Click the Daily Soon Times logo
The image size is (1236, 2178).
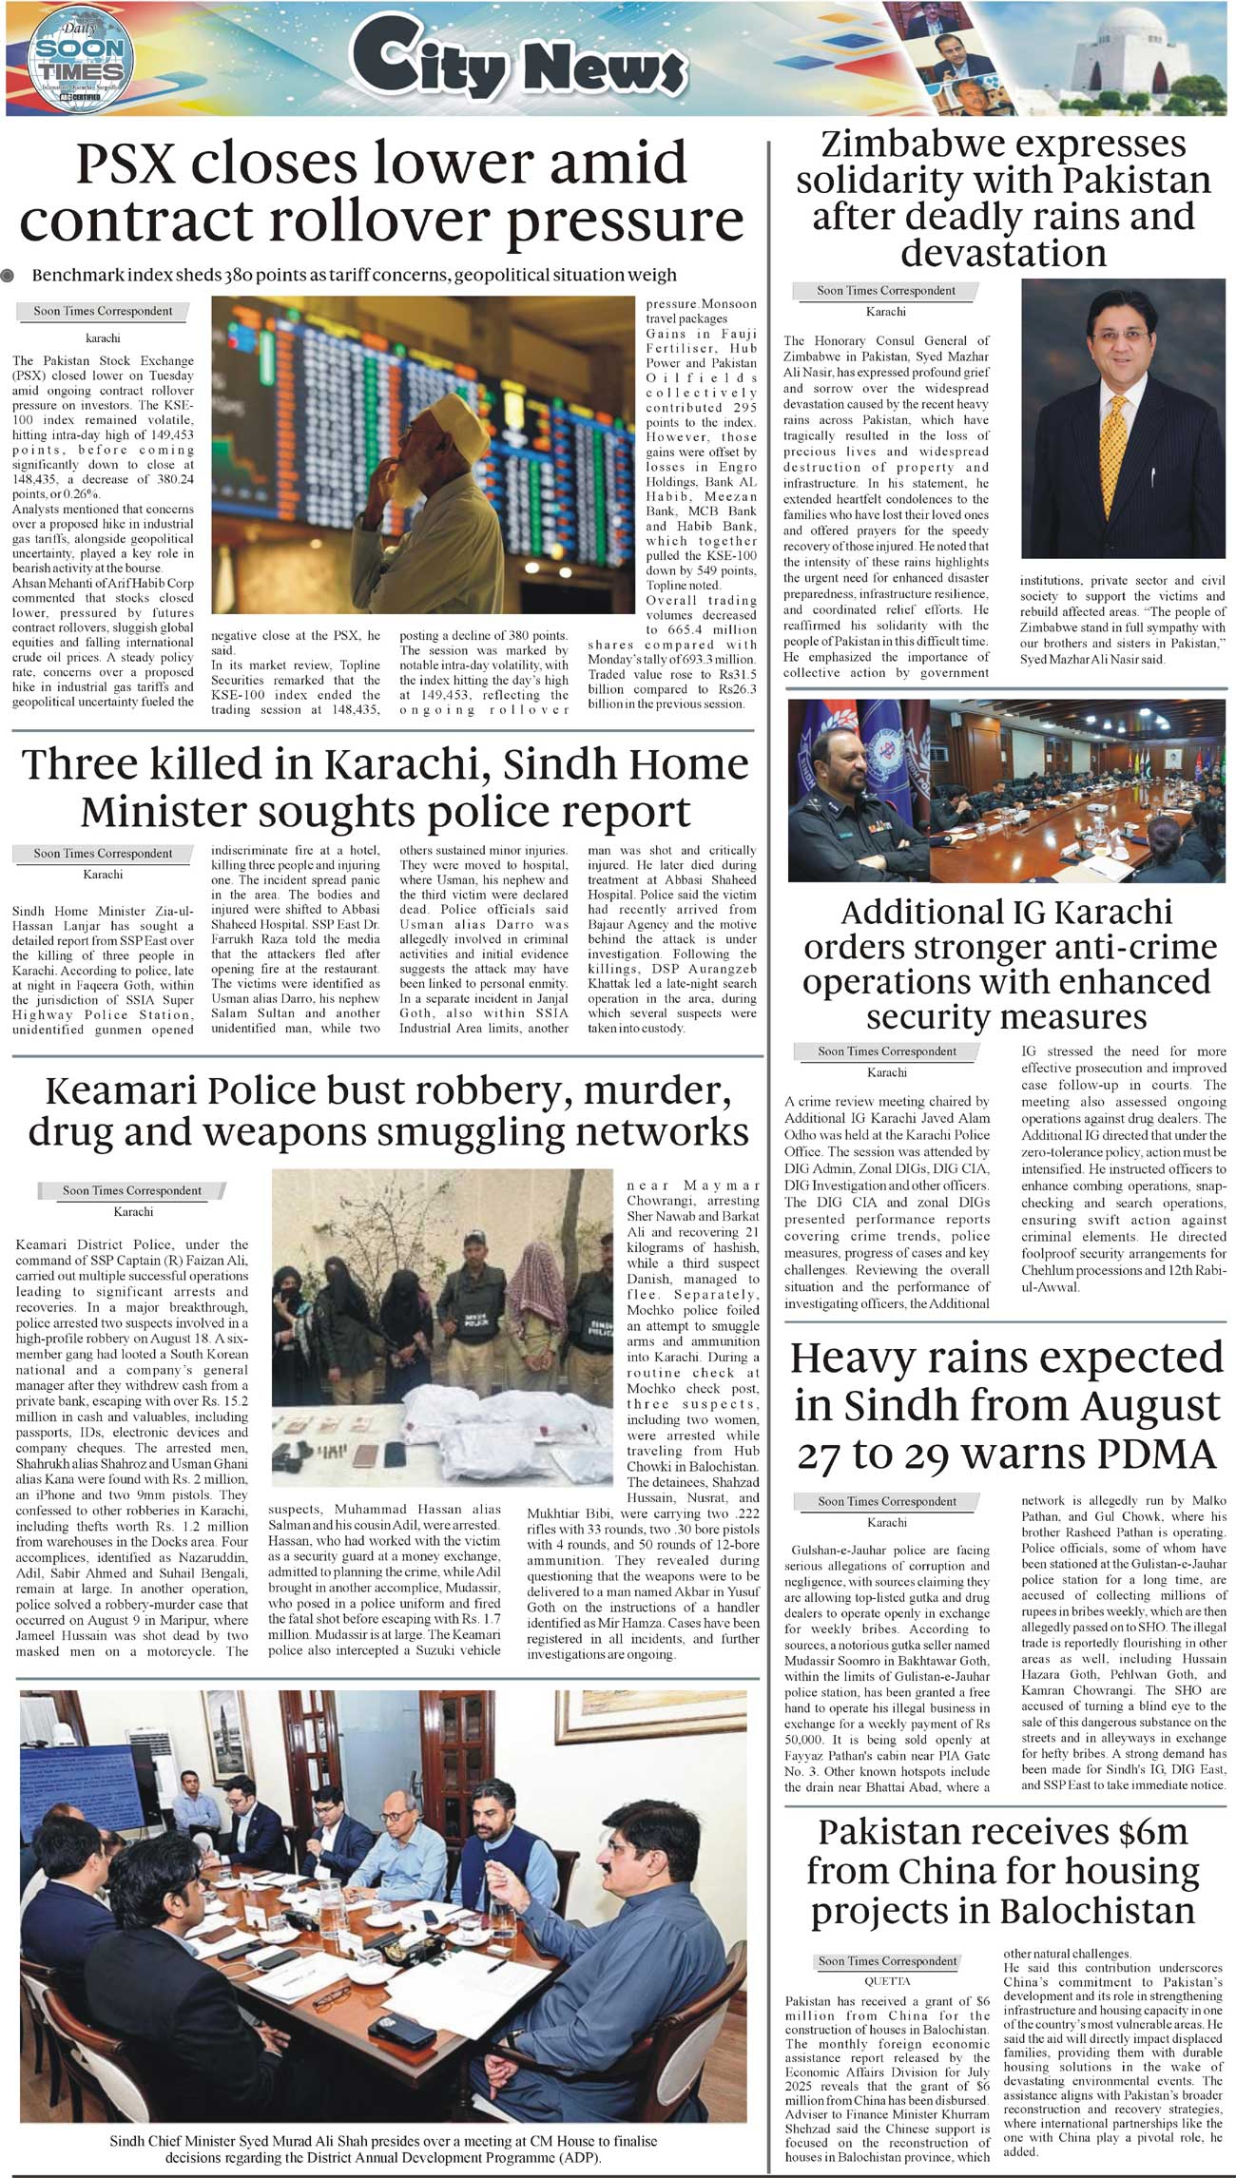coord(81,59)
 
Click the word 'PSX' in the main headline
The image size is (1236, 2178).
coord(125,163)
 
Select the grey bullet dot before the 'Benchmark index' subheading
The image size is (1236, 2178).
coord(9,277)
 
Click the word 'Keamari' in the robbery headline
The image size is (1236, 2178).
coord(116,1091)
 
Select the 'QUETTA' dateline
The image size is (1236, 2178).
coord(887,1981)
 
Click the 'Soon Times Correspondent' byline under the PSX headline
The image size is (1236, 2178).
coord(103,311)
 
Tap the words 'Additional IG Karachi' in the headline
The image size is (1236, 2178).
coord(1006,913)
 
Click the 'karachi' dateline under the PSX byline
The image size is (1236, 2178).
coord(103,337)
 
